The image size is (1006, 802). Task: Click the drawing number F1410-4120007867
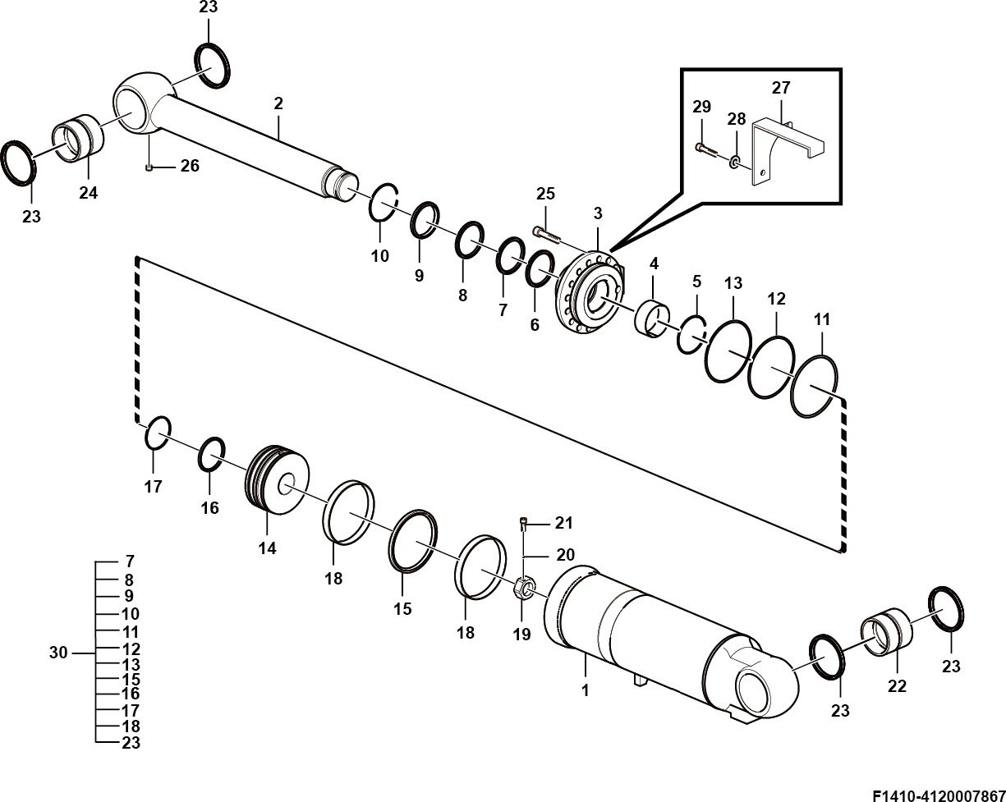point(939,795)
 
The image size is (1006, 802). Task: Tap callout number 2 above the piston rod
point(278,103)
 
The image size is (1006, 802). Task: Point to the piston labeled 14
point(278,479)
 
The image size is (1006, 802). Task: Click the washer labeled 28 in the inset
point(734,163)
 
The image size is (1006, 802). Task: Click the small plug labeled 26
point(149,167)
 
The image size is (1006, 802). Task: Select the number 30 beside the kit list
point(58,653)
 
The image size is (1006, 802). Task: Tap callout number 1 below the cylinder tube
point(585,690)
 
